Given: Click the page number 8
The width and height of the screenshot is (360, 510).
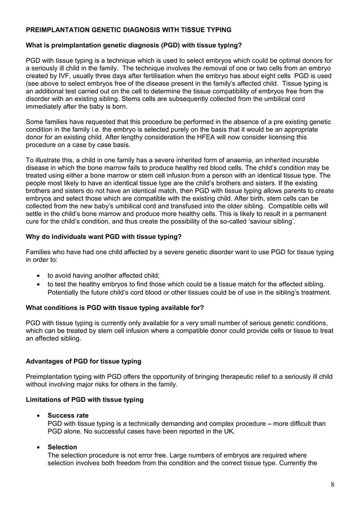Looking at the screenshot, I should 332,485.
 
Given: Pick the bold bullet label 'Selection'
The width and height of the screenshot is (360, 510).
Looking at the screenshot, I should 63,447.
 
